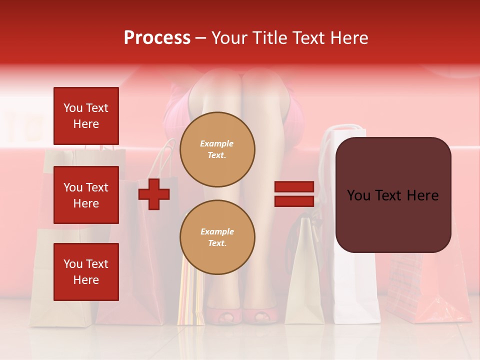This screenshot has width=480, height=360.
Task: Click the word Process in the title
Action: [x=157, y=38]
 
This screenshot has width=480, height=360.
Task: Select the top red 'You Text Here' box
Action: [x=86, y=116]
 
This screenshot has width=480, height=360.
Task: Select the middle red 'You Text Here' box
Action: [x=86, y=195]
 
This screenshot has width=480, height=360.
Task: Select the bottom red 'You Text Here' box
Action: [x=86, y=272]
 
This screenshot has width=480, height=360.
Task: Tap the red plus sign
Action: [x=154, y=194]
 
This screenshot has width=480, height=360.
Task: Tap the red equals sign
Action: [x=294, y=194]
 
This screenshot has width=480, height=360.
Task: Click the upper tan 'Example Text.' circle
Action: [x=217, y=149]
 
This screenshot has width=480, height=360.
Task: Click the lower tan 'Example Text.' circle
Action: [x=217, y=237]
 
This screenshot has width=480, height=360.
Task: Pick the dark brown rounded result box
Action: [x=393, y=195]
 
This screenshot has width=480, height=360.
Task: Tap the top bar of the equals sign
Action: [x=294, y=187]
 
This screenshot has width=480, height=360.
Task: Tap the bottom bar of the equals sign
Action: [x=294, y=201]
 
